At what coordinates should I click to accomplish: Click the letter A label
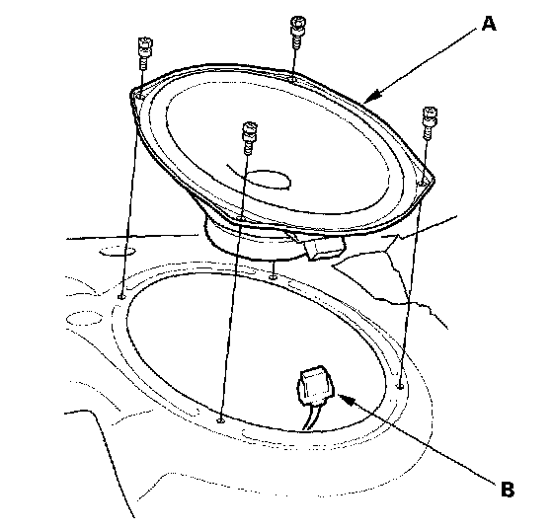[489, 24]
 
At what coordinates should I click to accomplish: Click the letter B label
[508, 489]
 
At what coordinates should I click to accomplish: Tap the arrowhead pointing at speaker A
[372, 97]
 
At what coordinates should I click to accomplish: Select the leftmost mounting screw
[144, 53]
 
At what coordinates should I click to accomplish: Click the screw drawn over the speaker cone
[249, 138]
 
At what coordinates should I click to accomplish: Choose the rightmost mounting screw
[430, 122]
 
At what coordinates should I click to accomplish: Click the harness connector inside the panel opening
[316, 386]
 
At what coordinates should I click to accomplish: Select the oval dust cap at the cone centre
[268, 180]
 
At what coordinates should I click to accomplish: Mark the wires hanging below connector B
[311, 417]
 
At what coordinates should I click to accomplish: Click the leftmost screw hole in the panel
[121, 296]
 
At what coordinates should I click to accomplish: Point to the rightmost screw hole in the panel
[400, 386]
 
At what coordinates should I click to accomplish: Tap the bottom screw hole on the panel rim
[220, 419]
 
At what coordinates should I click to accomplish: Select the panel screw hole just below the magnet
[273, 277]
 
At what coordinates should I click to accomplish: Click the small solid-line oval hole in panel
[118, 252]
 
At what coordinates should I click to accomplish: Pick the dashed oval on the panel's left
[84, 319]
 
